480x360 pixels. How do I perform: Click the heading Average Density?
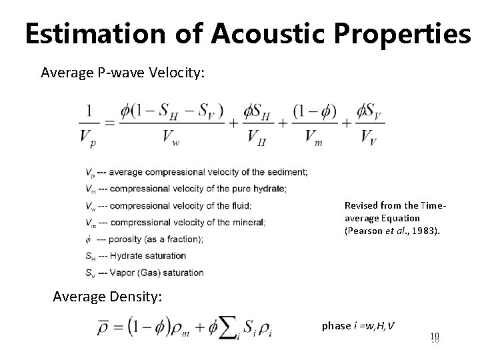click(107, 297)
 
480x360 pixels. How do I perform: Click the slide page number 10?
click(434, 338)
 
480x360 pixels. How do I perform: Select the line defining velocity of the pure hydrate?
click(186, 189)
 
